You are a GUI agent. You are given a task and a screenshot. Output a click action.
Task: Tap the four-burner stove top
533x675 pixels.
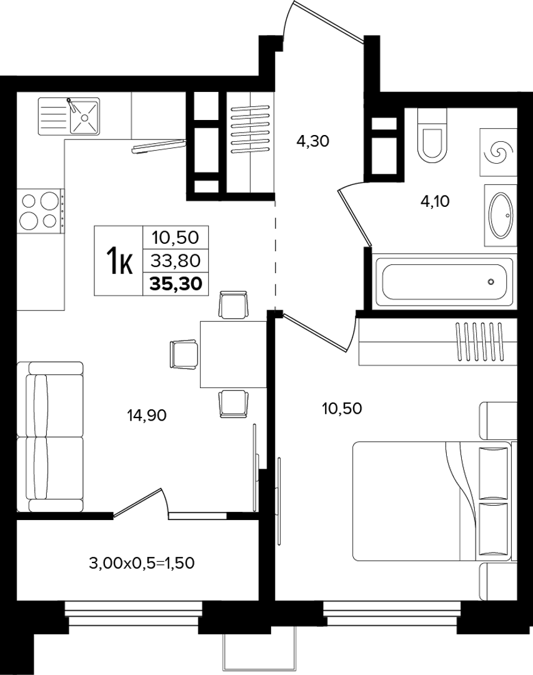click(x=39, y=211)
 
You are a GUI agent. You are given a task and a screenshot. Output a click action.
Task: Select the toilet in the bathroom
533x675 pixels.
click(x=433, y=135)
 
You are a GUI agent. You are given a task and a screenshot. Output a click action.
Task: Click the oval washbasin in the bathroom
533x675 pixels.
click(x=501, y=215)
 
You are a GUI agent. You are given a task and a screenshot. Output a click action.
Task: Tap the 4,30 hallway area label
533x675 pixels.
click(x=313, y=141)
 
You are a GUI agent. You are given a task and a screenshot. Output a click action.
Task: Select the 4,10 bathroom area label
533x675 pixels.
click(x=435, y=201)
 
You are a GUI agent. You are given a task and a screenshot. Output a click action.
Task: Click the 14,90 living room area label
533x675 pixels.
click(x=147, y=416)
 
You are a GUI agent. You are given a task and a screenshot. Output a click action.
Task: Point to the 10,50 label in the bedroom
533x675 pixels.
click(x=342, y=408)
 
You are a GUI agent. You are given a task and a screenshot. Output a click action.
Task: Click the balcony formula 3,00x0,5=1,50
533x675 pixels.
click(x=142, y=563)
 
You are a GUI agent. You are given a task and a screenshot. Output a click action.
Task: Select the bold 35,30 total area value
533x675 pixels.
click(x=176, y=284)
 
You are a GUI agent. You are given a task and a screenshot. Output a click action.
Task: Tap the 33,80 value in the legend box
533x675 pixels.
click(x=176, y=261)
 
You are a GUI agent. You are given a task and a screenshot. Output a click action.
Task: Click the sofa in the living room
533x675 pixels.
click(x=50, y=436)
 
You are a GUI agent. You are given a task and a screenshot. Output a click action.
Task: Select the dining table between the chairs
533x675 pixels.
click(x=233, y=354)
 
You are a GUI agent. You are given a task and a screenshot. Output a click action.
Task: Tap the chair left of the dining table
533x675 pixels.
click(x=184, y=354)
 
